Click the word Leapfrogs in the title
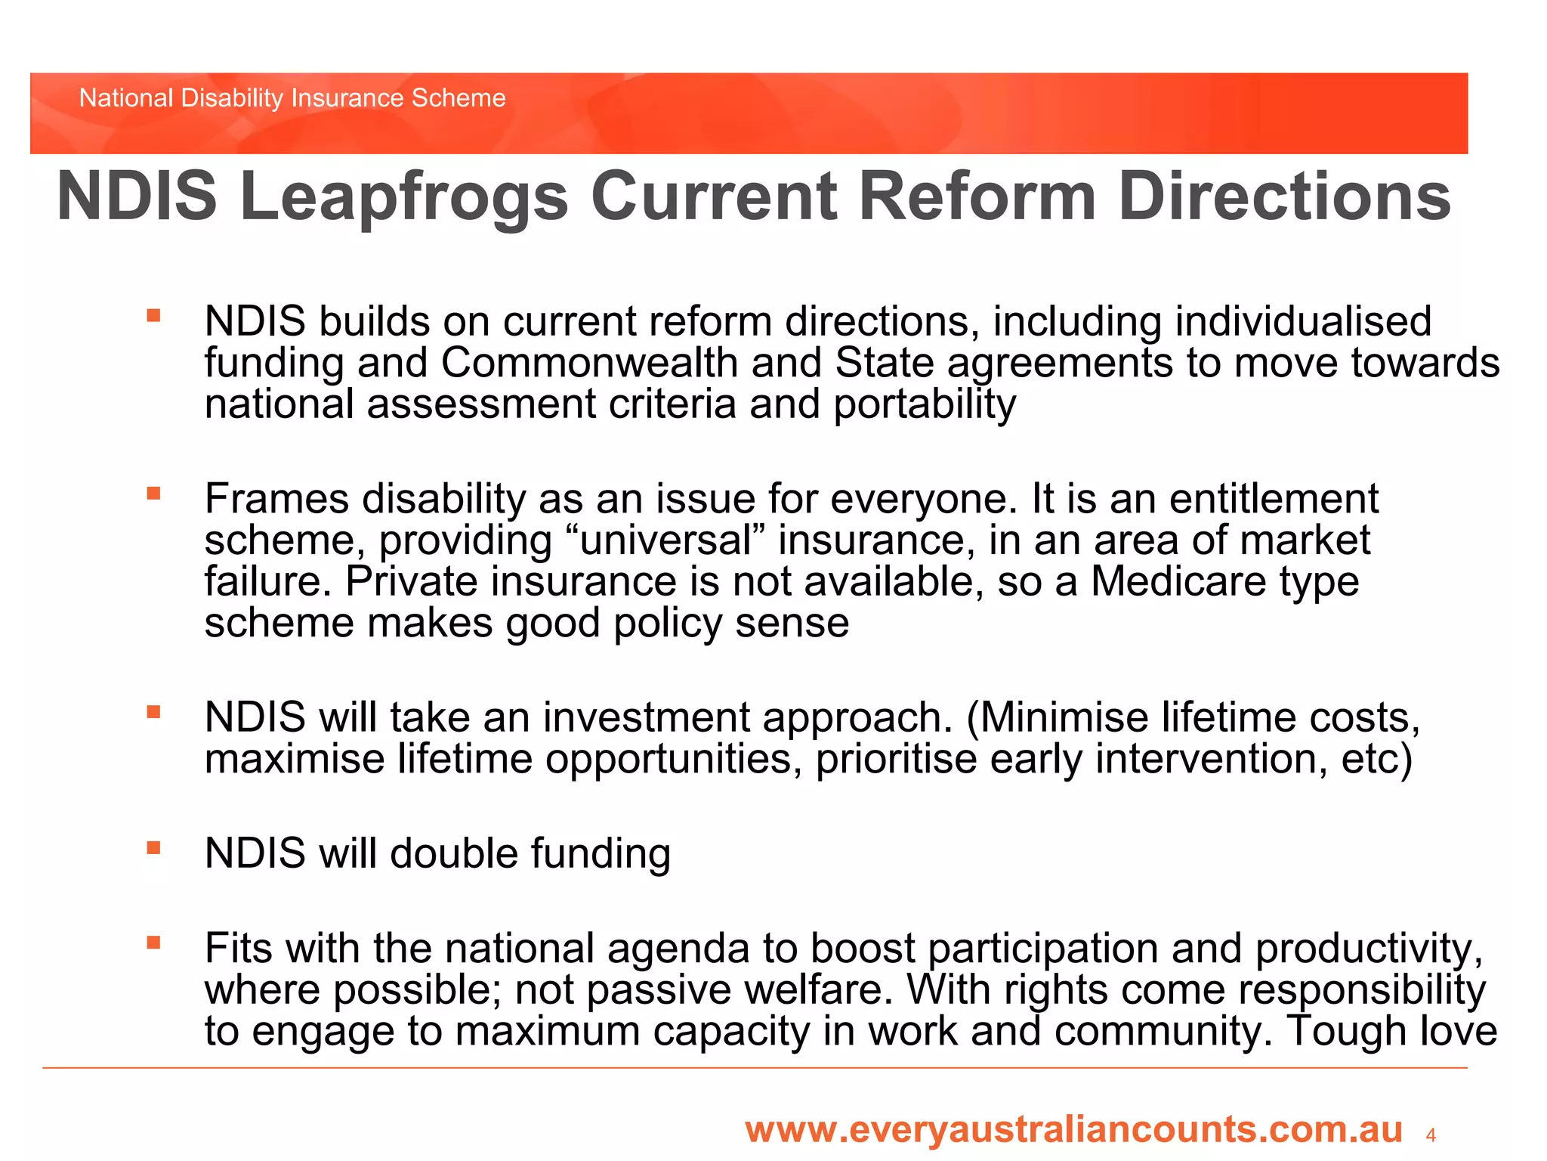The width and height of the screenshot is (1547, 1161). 403,197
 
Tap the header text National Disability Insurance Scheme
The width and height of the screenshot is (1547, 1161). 292,98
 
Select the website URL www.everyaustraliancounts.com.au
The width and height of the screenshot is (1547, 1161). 1073,1129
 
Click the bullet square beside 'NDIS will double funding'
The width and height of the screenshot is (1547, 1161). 154,848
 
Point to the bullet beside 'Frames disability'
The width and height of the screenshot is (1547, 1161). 154,494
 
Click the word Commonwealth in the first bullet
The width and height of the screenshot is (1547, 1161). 589,363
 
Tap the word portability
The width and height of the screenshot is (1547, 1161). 925,404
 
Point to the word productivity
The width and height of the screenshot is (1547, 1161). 1363,949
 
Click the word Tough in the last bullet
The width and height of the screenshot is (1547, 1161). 1346,1031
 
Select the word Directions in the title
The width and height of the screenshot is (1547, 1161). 1283,197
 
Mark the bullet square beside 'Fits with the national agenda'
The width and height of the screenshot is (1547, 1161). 154,943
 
